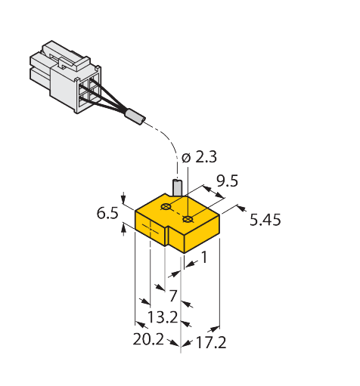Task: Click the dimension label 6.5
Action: point(107,213)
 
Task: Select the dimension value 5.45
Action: point(265,220)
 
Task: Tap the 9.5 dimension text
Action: point(228,181)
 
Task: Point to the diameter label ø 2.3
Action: point(199,157)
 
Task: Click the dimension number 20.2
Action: point(148,339)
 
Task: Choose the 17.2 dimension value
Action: point(211,343)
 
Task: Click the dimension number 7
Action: point(173,295)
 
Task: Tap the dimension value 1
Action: point(204,258)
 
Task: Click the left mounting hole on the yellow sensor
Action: point(166,207)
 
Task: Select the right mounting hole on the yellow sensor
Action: point(188,219)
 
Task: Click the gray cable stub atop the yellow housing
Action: point(178,187)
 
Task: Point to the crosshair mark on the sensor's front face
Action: point(151,230)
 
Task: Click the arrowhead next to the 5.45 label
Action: point(241,208)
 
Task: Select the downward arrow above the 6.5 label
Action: point(123,198)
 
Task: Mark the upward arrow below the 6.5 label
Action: point(123,230)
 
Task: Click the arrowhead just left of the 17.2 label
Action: point(188,343)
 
